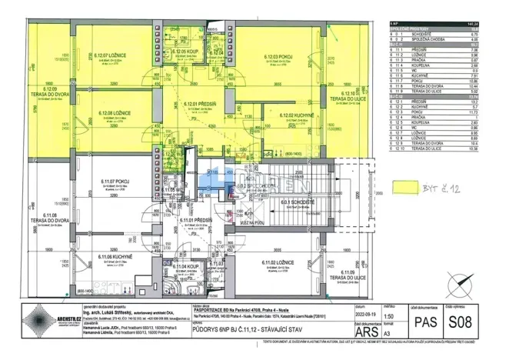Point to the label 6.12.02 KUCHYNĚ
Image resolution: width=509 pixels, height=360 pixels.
click(294, 115)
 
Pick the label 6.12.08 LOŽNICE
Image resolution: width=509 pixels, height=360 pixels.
click(112, 113)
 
